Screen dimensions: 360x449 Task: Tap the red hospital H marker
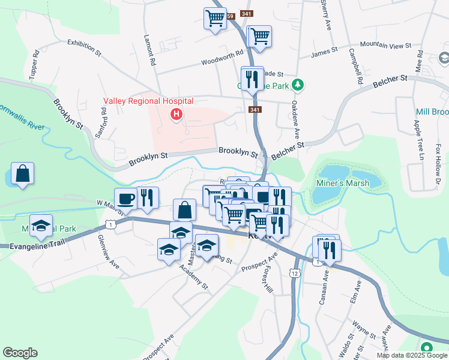pyautogui.click(x=176, y=114)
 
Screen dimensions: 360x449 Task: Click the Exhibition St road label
pyautogui.click(x=83, y=47)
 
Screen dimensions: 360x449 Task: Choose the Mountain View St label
pyautogui.click(x=385, y=45)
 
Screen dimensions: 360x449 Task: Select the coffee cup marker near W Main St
pyautogui.click(x=126, y=199)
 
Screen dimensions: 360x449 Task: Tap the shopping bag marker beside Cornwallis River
pyautogui.click(x=22, y=174)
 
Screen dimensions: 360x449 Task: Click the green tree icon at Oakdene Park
pyautogui.click(x=296, y=86)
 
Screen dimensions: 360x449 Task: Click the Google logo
pyautogui.click(x=20, y=353)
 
